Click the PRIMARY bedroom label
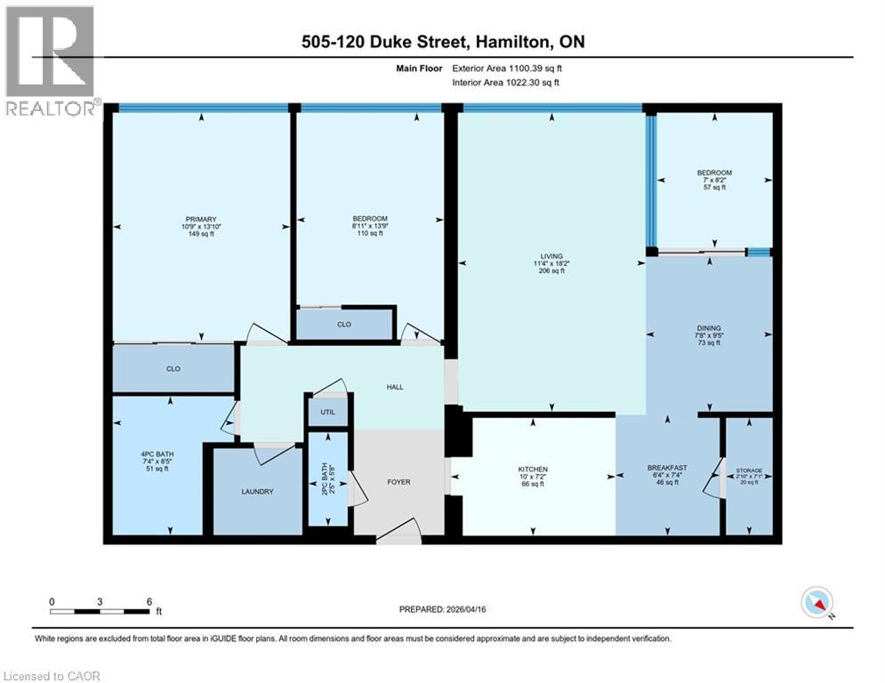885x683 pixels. (201, 220)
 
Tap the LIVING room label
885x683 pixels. (551, 256)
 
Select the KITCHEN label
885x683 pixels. (533, 470)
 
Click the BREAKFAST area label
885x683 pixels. (666, 469)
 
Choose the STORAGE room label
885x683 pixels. (749, 470)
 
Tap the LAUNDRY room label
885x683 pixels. (256, 492)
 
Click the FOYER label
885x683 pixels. (398, 483)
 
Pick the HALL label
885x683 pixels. (395, 387)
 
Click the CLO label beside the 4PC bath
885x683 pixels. (173, 368)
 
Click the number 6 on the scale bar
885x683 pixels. (149, 601)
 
